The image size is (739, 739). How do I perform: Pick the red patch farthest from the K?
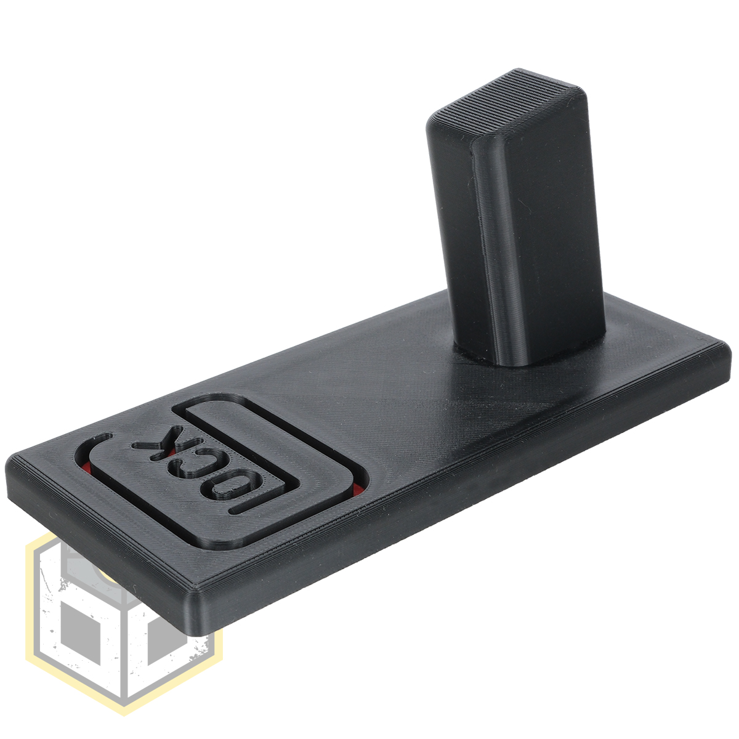pos(357,490)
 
